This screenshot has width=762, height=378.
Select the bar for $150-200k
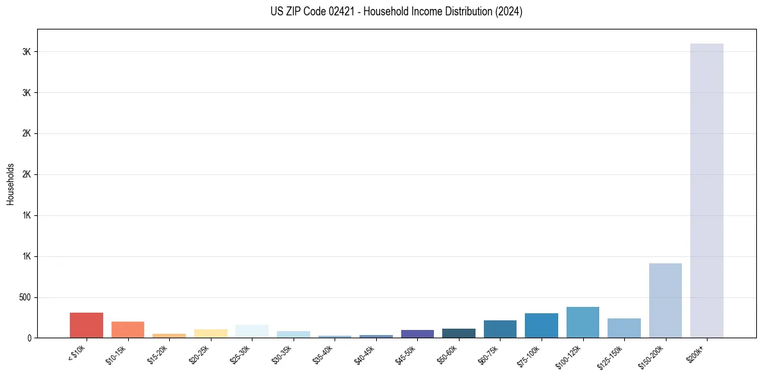tap(665, 300)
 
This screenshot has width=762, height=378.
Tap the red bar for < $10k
tap(87, 325)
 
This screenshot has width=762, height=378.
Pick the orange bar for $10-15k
tap(128, 329)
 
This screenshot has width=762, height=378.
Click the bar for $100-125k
tap(583, 322)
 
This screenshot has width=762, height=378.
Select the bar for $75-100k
tap(542, 325)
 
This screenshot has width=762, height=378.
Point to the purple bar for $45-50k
tap(417, 334)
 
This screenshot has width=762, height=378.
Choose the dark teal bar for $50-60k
tap(459, 333)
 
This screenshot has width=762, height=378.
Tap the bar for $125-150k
tap(624, 328)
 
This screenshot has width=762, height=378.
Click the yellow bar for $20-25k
tap(211, 333)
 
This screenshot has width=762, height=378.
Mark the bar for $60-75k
tap(500, 329)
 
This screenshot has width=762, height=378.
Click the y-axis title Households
tap(11, 184)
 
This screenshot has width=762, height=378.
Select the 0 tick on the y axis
tap(28, 338)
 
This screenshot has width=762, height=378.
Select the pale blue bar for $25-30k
tap(252, 331)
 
